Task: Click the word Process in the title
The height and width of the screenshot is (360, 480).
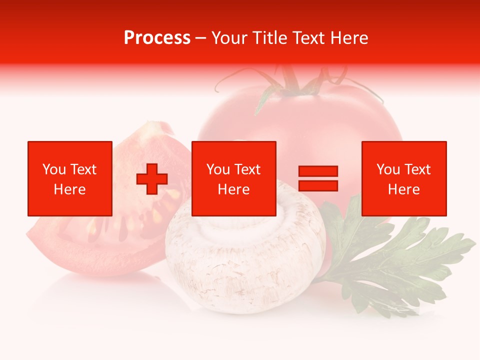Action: coord(157,37)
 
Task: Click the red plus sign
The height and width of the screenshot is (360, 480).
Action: coord(152,178)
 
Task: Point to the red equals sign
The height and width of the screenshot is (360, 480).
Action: coord(318,178)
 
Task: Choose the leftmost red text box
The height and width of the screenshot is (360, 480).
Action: coord(70,178)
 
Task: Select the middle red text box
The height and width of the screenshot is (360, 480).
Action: coord(233,178)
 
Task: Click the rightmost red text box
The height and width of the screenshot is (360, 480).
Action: coord(403,178)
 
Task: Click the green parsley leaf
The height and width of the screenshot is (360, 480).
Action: coord(400,260)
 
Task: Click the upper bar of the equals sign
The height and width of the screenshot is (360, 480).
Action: coord(318,171)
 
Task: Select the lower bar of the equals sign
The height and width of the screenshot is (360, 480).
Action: coord(318,185)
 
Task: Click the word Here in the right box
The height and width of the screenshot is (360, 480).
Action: coord(403,189)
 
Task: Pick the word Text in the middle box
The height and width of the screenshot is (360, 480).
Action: coord(247,169)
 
